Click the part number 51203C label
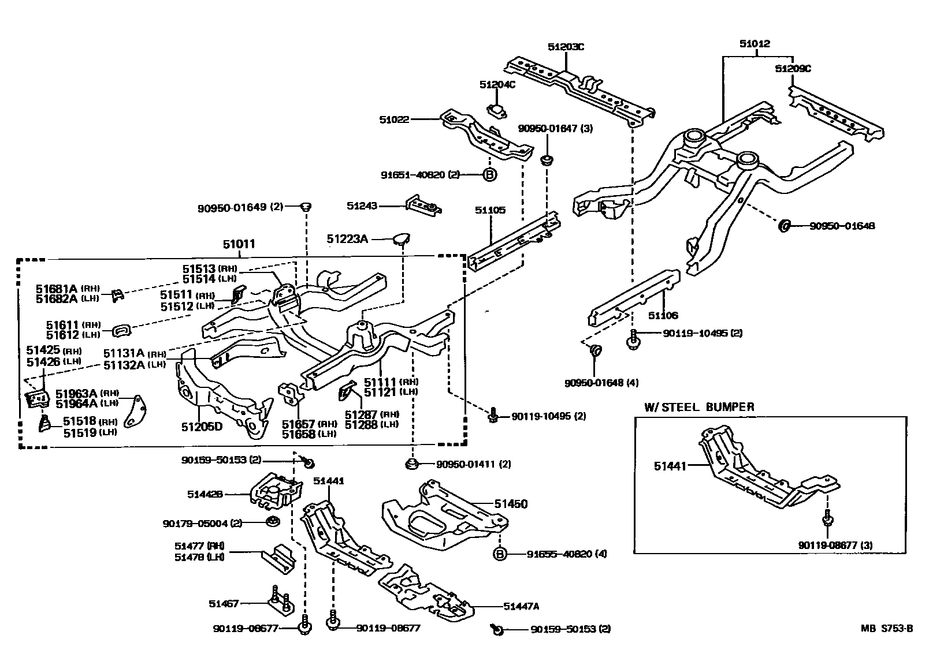click(566, 47)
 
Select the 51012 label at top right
click(755, 43)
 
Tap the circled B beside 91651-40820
click(489, 174)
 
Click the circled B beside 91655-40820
click(500, 554)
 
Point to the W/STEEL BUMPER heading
click(699, 407)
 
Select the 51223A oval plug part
click(401, 238)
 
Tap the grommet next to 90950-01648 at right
click(785, 226)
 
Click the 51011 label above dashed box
click(239, 244)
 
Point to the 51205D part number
click(202, 427)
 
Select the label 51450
click(511, 504)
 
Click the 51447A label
click(521, 606)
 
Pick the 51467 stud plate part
click(280, 601)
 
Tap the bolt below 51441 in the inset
click(827, 519)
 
